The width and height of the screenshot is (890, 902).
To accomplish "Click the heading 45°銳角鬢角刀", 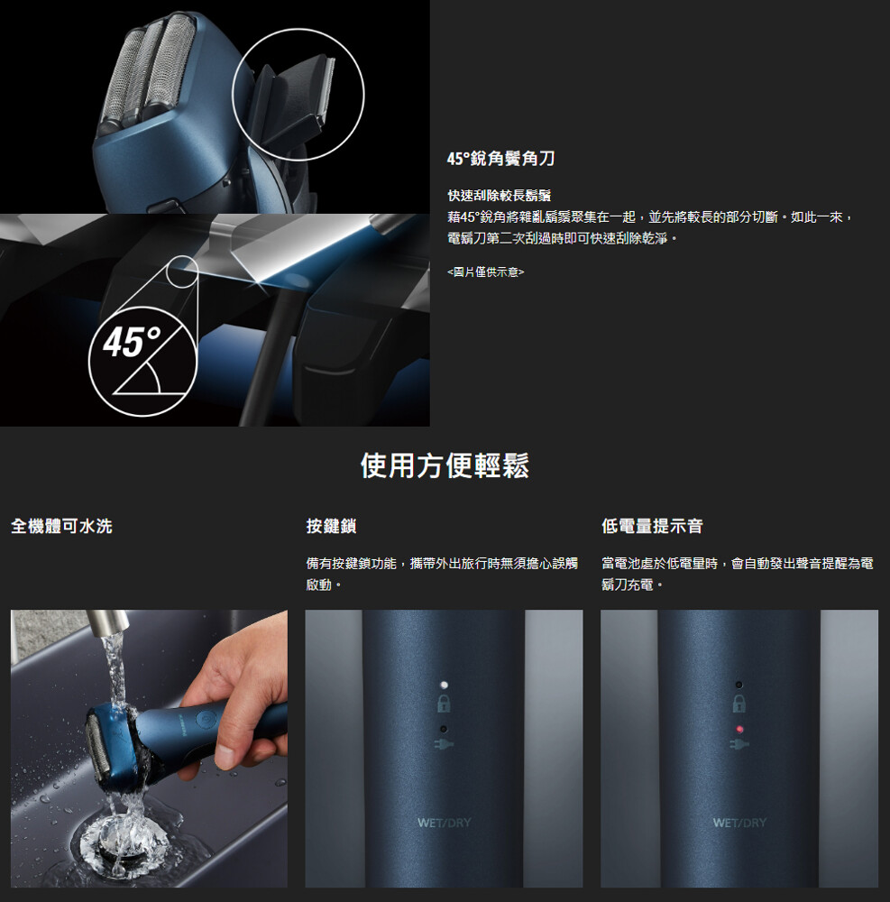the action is [x=500, y=158].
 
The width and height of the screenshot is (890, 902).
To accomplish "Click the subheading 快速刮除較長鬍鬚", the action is [x=499, y=196].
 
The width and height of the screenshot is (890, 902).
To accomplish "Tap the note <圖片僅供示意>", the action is [x=486, y=272].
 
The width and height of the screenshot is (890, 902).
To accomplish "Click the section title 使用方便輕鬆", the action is [x=445, y=465].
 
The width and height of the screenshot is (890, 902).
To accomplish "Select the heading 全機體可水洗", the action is [x=61, y=526].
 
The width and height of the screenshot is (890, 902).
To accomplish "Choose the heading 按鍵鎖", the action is [x=331, y=526].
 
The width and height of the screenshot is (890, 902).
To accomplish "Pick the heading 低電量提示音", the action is [x=652, y=526].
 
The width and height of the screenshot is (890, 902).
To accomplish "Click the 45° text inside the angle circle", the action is [x=132, y=341].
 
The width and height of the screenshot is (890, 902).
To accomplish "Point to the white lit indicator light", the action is [x=444, y=685].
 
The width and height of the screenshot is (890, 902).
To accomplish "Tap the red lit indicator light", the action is [x=739, y=729].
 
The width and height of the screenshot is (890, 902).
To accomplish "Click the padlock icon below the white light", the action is [x=444, y=703].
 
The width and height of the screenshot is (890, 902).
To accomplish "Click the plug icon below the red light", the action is [x=739, y=744].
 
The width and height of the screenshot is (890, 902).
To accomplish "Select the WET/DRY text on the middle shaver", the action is [x=444, y=823].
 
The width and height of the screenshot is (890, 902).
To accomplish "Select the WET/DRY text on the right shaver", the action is [x=739, y=823].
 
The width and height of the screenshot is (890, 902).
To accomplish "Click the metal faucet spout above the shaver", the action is [x=106, y=623].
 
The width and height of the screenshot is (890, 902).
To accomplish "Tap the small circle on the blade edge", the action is [x=183, y=271].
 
